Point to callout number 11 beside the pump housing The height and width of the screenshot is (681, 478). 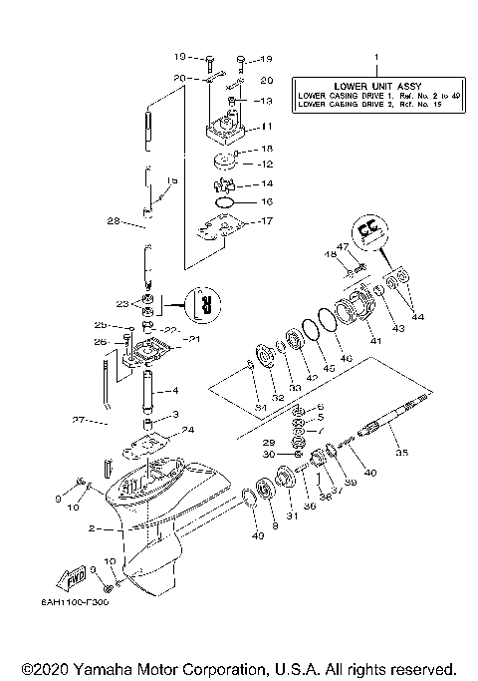265,128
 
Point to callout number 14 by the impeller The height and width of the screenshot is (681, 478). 266,184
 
